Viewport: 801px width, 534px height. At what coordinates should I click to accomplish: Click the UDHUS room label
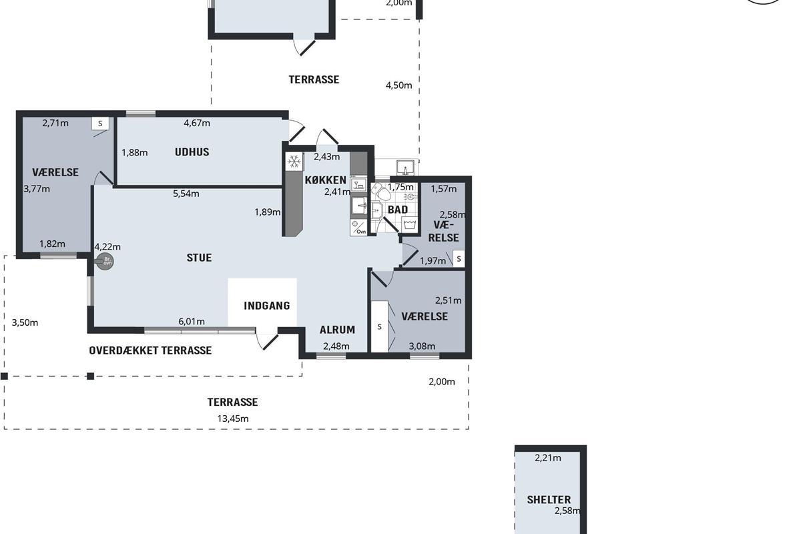tap(192, 152)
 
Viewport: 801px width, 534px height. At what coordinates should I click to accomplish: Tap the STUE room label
tap(199, 258)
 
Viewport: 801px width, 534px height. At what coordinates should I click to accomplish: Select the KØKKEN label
tap(326, 180)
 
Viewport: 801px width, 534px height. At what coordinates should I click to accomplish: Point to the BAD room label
tap(398, 210)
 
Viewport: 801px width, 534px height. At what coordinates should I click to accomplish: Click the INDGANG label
tap(267, 306)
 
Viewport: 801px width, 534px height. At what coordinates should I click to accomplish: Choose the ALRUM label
tap(337, 330)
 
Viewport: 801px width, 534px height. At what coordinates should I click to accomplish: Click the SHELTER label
tap(549, 500)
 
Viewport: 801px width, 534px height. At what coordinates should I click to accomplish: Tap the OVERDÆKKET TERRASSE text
tap(150, 350)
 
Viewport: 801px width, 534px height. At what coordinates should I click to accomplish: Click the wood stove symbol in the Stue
tap(105, 262)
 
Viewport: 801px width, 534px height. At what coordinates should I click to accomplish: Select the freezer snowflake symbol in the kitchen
tap(294, 162)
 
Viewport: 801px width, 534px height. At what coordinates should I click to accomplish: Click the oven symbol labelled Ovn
tap(358, 228)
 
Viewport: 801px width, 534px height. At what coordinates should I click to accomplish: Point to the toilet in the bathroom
tap(381, 192)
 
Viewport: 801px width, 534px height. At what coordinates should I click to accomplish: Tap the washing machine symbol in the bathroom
tap(409, 225)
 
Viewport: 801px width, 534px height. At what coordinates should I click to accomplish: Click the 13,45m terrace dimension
tap(233, 419)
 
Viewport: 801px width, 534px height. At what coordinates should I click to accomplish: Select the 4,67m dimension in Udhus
tap(197, 123)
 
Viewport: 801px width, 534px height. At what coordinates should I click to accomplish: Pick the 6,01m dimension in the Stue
tap(192, 322)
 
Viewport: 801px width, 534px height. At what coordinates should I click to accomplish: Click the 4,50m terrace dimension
tap(398, 85)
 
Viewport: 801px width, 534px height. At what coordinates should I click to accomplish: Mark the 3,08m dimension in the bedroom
tap(422, 346)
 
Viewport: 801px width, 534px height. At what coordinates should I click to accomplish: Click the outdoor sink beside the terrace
tap(406, 168)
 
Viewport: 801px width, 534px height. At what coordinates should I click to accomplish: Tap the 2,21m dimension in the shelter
tap(548, 458)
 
